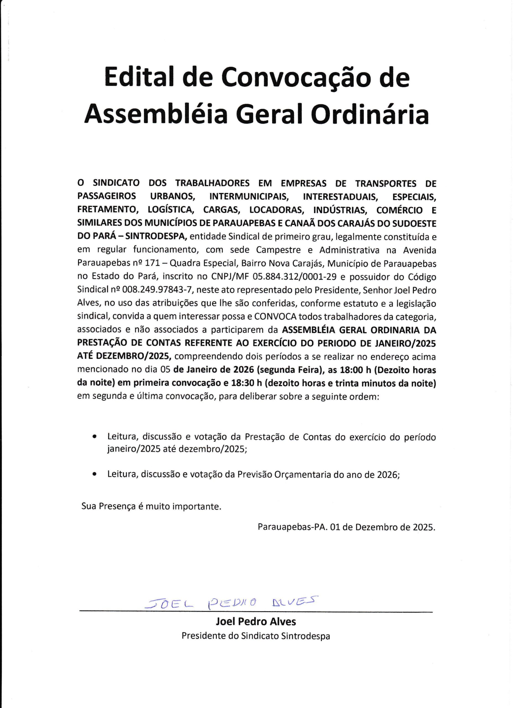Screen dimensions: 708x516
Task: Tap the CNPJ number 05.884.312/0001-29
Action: [296, 277]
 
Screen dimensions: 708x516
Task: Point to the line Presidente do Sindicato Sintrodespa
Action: [256, 636]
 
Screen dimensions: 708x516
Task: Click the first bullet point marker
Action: [94, 437]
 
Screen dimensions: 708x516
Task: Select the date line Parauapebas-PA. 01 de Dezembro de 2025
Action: [346, 536]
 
